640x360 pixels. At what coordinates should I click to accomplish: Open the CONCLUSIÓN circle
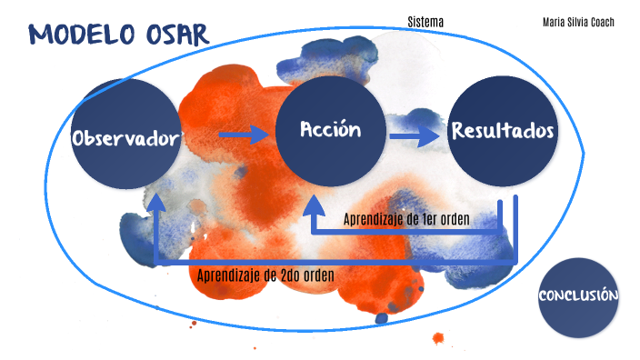click(x=579, y=296)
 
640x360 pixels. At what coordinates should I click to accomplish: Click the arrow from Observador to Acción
click(x=243, y=135)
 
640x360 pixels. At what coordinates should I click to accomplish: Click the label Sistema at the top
click(x=425, y=21)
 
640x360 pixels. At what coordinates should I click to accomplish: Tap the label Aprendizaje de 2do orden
click(x=265, y=275)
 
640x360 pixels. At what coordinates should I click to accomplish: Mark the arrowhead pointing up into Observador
click(x=156, y=203)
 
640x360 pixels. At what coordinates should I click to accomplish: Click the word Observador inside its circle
click(x=125, y=139)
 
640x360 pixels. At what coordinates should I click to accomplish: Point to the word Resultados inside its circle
click(x=503, y=131)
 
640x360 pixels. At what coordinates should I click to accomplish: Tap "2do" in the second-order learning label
click(x=287, y=275)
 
